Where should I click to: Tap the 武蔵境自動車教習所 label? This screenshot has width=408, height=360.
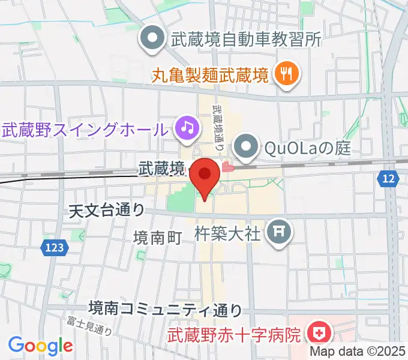247,40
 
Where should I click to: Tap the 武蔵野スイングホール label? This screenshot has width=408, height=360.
83,128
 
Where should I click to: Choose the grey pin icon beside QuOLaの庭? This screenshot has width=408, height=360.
245,146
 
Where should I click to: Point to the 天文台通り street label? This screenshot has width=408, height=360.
107,210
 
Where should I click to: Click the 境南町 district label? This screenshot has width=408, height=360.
157,237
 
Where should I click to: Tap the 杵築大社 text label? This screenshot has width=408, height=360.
228,232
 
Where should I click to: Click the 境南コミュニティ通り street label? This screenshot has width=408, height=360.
165,309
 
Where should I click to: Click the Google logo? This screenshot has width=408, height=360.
40,345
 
